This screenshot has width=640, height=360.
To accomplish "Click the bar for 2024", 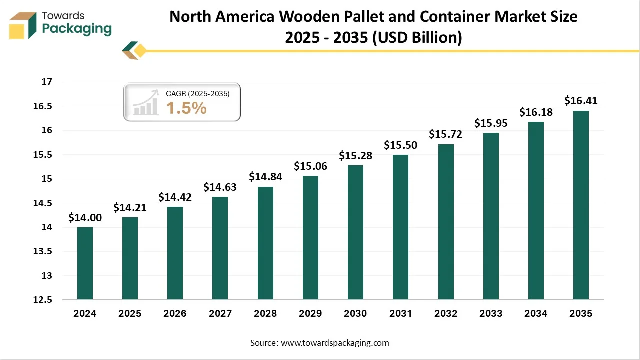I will pos(85,263).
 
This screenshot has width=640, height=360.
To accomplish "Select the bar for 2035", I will pos(581,205).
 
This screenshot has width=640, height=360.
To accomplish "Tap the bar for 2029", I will pos(310,237).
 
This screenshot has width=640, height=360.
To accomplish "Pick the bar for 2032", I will pos(446,222).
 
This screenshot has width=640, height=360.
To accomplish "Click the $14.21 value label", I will pos(130,207).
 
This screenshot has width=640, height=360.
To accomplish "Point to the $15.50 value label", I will pos(400,145).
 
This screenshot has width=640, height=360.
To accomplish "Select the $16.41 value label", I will pos(581,101).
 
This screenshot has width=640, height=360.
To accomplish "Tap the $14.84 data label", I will pos(265,177).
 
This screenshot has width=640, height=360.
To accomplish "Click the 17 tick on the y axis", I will pos(47,82).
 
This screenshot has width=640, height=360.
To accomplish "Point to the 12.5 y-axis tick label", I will pos(43,300).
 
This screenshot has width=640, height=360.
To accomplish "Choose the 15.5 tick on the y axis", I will pos(43,155).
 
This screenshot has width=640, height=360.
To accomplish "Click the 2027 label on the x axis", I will pos(220,314).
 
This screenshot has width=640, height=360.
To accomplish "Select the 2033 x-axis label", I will pos(491,314).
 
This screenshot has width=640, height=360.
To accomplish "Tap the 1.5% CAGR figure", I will pos(186,107).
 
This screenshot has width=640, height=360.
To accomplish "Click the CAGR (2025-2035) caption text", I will pos(198,93).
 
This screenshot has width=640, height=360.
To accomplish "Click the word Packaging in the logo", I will pos(77,29).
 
